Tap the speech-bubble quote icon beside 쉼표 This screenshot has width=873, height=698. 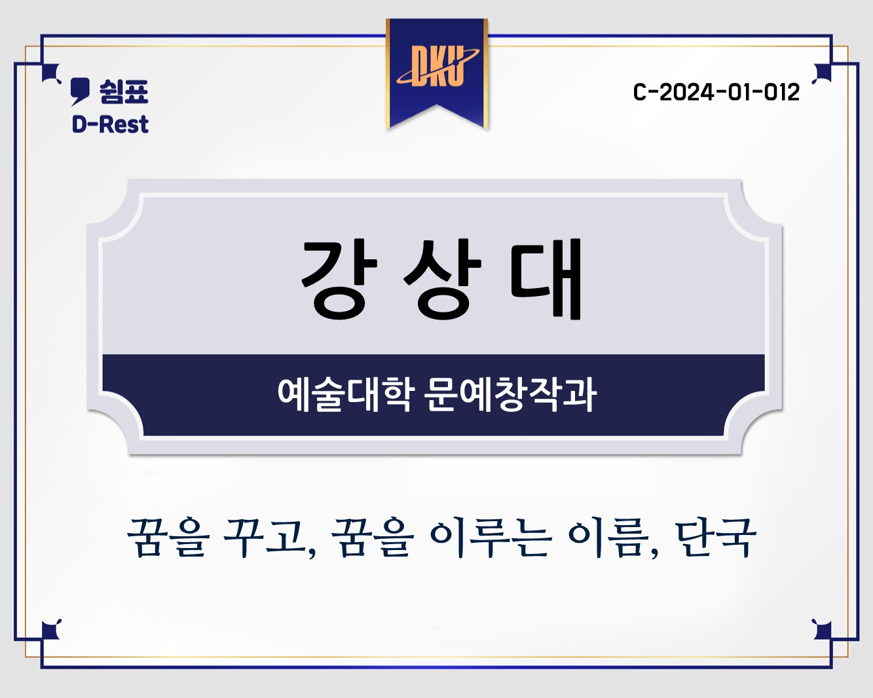point(80,92)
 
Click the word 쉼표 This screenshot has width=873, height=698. point(124,92)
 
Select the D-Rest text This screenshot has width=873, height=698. point(110,124)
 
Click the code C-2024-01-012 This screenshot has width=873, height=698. point(716,92)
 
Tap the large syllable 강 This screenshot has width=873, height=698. point(339,279)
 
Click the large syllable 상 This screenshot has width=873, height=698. point(442,279)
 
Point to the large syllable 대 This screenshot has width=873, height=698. point(546,279)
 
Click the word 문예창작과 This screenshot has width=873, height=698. point(511,395)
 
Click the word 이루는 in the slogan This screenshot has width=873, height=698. point(491,538)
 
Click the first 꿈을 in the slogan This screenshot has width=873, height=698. point(168,538)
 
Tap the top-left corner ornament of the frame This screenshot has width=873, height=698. point(51,73)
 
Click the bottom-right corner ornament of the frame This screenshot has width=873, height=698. point(822,630)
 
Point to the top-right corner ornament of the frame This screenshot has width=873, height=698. point(822,73)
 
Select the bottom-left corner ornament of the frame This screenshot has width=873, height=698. point(51,630)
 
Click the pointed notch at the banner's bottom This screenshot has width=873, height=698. point(436,105)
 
